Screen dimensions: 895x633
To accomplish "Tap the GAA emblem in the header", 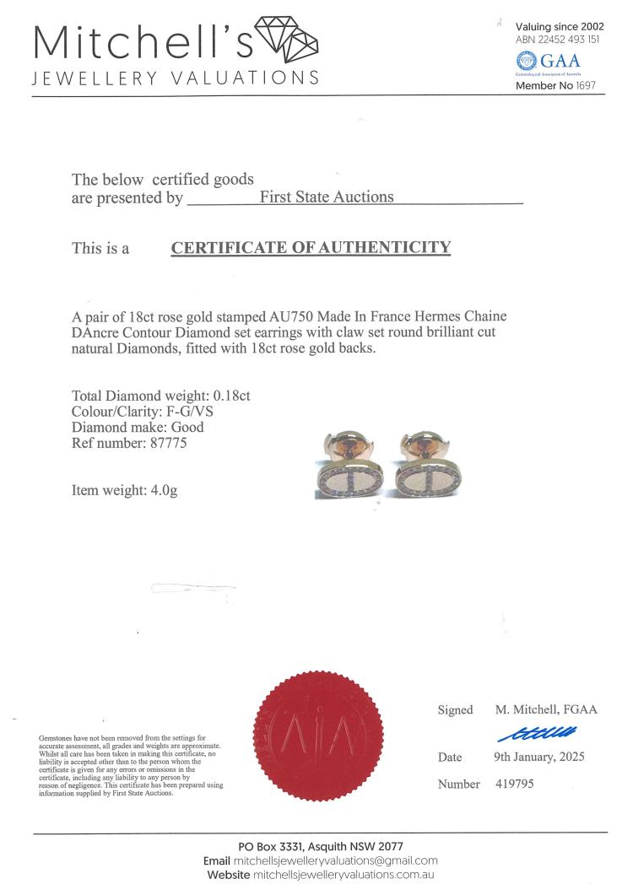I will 527,61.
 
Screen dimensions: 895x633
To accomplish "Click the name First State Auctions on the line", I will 327,197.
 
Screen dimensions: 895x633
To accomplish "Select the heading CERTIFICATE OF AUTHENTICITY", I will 311,248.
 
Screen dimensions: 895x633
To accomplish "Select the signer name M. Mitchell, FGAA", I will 545,709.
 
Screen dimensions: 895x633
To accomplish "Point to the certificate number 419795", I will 514,784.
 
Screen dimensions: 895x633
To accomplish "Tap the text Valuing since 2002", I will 560,27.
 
